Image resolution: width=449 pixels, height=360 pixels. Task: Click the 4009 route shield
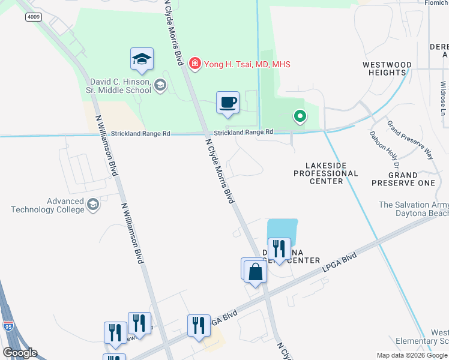34,17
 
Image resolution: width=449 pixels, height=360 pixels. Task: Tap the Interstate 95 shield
8,326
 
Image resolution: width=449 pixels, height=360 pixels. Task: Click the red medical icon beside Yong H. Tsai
194,64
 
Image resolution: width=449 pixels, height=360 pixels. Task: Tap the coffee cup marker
228,103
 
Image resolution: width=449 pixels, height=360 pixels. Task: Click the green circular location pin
298,116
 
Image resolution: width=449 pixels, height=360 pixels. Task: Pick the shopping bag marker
256,272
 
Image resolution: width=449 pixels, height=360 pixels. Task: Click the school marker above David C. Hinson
142,59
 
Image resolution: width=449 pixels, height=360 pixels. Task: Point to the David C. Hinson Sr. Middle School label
121,86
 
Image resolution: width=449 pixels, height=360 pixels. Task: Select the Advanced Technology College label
48,205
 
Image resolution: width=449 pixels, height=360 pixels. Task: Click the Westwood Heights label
387,68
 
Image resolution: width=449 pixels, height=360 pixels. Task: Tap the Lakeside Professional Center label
325,173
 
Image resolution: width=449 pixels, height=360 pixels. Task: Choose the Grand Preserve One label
403,178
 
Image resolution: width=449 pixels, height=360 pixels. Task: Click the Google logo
20,353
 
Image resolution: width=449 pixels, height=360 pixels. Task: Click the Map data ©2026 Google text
411,355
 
